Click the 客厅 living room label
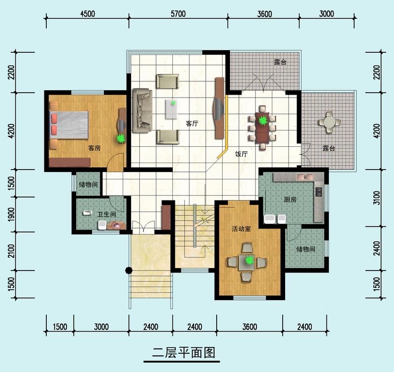192,123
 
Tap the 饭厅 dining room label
241,154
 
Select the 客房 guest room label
94,148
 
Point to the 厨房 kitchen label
290,200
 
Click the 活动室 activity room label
241,229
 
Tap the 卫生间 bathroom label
107,214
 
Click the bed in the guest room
69,125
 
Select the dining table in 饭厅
262,128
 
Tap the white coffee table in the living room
172,109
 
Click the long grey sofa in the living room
142,110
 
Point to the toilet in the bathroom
102,225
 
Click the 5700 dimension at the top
178,14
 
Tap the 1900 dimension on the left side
11,214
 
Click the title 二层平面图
184,353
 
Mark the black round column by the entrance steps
129,271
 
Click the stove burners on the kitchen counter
319,192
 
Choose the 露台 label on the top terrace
280,62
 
